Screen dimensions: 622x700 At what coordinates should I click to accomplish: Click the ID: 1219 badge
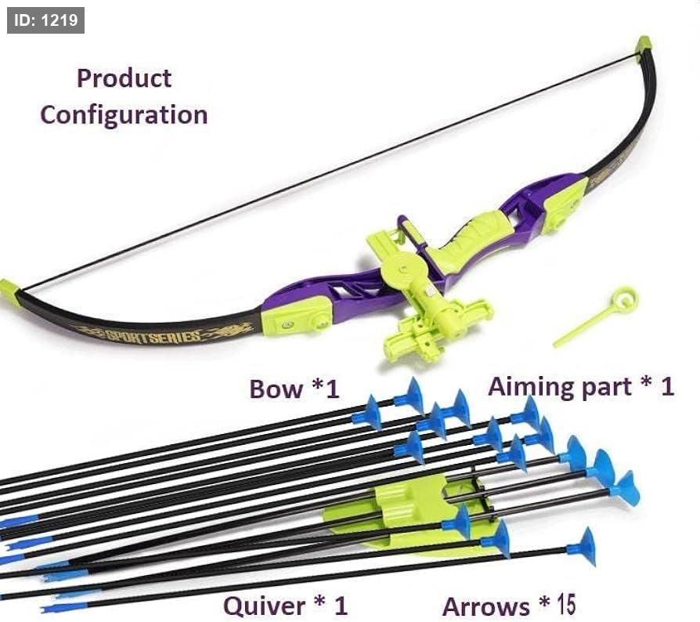click(x=45, y=20)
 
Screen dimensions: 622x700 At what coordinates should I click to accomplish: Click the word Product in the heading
click(x=124, y=78)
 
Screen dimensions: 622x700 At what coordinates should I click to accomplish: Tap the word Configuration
click(x=124, y=115)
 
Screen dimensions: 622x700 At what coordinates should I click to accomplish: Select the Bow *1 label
click(x=294, y=389)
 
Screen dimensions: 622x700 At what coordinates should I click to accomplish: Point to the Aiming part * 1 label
click(x=581, y=386)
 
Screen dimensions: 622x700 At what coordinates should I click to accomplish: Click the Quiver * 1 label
click(x=285, y=606)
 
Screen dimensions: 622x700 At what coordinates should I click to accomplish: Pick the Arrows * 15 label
click(x=509, y=606)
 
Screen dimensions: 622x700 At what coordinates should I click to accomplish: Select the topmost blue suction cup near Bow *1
click(x=410, y=396)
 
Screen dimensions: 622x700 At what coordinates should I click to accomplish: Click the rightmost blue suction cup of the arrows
click(x=626, y=489)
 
